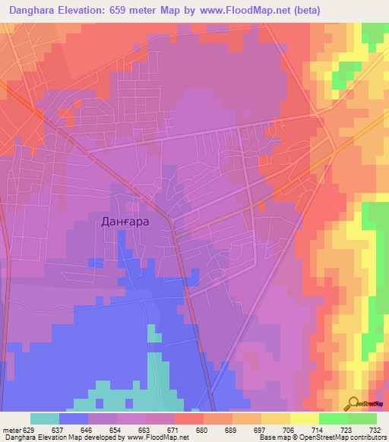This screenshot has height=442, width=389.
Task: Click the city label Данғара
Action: click(x=125, y=222)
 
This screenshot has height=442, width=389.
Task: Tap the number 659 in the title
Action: click(x=132, y=11)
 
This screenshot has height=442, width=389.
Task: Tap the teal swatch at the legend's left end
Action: click(x=45, y=418)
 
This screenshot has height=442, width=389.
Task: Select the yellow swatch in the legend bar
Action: click(x=304, y=418)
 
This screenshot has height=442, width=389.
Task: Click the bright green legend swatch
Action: click(x=333, y=418)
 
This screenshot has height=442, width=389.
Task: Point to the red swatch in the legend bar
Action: click(x=189, y=418)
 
